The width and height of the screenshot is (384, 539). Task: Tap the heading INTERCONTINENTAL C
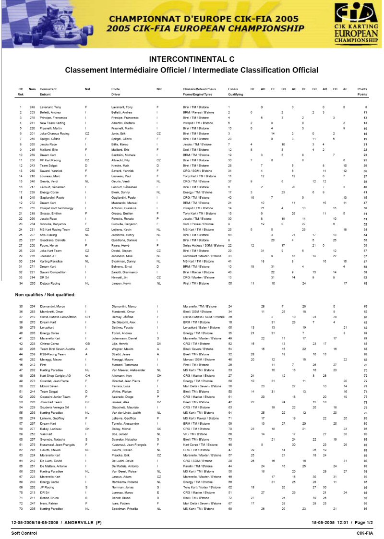click(x=192, y=60)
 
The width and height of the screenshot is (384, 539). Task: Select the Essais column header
click(x=233, y=89)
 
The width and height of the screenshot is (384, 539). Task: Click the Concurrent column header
click(x=48, y=89)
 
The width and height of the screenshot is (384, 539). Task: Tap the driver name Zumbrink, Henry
click(x=124, y=235)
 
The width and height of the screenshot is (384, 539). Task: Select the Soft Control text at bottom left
click(x=23, y=533)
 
